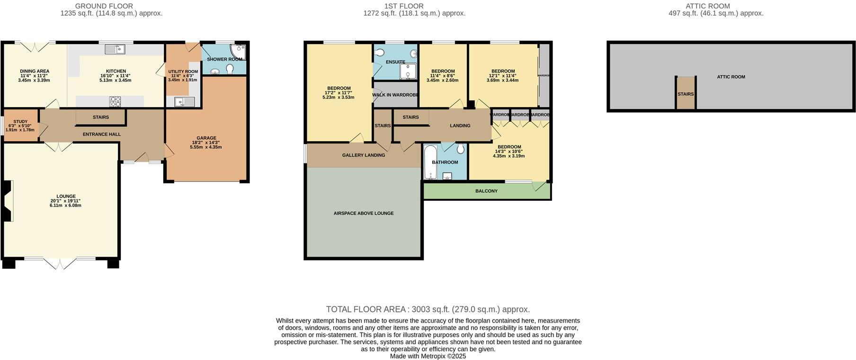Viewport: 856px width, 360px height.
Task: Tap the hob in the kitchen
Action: coord(115,101)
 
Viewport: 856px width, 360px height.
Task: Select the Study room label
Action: coord(20,122)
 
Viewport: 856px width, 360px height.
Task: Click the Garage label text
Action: coord(206,138)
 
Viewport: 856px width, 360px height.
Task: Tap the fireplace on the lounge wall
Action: coord(7,201)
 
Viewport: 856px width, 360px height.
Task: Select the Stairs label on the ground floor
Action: coord(101,117)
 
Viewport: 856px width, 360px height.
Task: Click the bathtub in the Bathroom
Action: coord(430,162)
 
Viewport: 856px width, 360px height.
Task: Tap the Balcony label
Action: coord(486,191)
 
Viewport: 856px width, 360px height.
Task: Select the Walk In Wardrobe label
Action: coord(395,95)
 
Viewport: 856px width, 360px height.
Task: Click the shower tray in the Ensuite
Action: coord(407,71)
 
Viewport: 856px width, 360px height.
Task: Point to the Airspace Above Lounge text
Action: coord(364,213)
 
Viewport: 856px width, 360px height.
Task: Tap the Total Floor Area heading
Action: coord(428,309)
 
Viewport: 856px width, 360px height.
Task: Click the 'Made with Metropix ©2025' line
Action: coord(428,356)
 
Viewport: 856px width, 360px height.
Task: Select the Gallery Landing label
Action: coord(364,155)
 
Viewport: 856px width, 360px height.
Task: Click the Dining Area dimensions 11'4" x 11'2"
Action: coord(35,76)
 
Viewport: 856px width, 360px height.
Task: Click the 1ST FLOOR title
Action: coord(404,6)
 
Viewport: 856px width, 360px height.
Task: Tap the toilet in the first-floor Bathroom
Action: coord(460,150)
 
